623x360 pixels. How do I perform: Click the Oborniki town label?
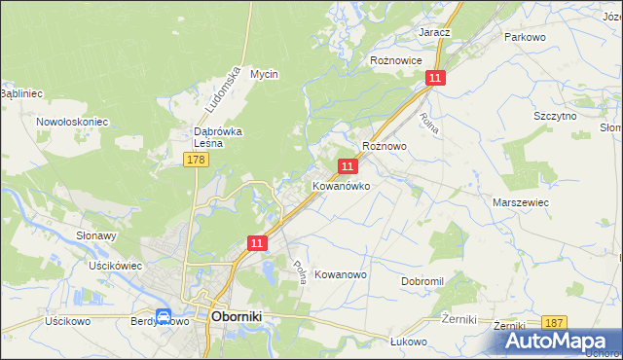coord(238,316)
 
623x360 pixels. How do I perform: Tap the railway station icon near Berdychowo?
coord(165,316)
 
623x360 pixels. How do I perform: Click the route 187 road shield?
coord(554,323)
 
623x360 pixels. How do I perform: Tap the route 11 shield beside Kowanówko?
coord(347,167)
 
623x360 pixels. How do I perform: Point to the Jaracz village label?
coord(434,32)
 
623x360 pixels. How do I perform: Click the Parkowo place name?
coord(523,37)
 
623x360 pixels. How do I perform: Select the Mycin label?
coord(264,74)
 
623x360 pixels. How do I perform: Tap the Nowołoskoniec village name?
coord(71,122)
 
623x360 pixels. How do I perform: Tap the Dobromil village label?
coord(422,280)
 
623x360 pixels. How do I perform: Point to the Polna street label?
coord(300,271)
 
